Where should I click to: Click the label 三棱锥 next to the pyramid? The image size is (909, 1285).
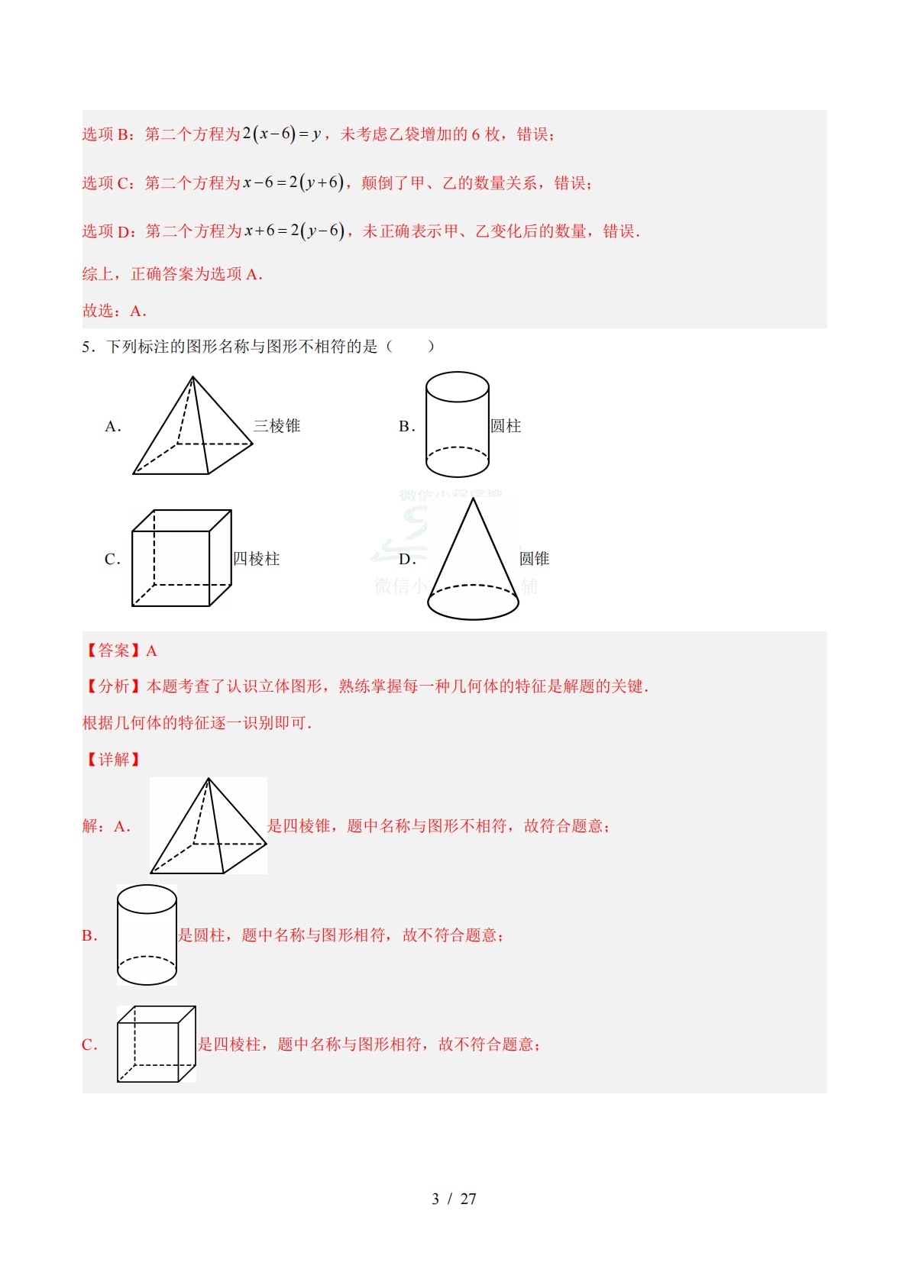[277, 426]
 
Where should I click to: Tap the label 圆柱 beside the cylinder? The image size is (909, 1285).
[506, 426]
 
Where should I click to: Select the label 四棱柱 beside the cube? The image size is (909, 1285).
[257, 559]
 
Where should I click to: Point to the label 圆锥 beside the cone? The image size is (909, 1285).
[534, 559]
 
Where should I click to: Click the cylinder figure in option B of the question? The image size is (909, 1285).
[457, 425]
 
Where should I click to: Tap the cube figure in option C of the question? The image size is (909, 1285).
[181, 559]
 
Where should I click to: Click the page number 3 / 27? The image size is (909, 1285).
[454, 1199]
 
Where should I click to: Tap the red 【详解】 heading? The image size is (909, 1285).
[112, 759]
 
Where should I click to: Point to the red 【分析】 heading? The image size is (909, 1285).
[112, 686]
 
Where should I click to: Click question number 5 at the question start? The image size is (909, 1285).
[86, 347]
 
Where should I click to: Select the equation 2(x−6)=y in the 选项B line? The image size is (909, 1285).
[281, 134]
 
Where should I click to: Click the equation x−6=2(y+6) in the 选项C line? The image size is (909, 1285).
[293, 182]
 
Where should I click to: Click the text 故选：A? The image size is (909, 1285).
[114, 311]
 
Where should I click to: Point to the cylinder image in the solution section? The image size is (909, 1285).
[147, 935]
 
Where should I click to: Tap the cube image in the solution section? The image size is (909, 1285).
[156, 1044]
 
